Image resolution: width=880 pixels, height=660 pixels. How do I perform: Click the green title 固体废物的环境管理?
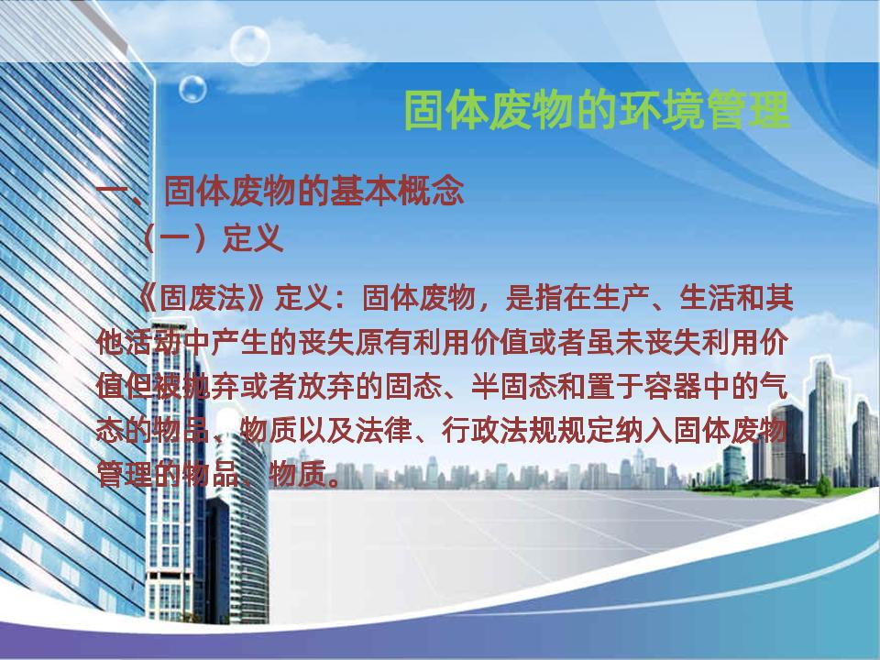[x=597, y=111]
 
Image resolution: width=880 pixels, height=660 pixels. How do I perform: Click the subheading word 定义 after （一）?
[x=253, y=238]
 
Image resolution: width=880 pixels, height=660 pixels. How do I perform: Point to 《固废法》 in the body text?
[x=200, y=297]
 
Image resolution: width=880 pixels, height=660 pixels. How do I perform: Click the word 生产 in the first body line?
[x=621, y=297]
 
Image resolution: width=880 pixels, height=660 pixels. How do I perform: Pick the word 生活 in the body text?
[x=708, y=297]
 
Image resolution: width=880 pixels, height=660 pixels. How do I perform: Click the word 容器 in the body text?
[x=672, y=387]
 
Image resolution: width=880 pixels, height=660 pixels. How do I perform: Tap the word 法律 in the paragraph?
[x=384, y=431]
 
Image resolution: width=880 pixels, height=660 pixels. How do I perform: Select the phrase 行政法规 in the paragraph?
[x=500, y=431]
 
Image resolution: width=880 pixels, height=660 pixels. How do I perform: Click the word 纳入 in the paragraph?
[x=643, y=431]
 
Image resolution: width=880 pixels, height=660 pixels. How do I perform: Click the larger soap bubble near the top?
[x=249, y=46]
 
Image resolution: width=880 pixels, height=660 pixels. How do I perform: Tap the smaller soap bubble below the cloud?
[x=192, y=89]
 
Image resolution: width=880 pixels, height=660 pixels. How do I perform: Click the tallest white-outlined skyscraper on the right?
[x=829, y=421]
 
